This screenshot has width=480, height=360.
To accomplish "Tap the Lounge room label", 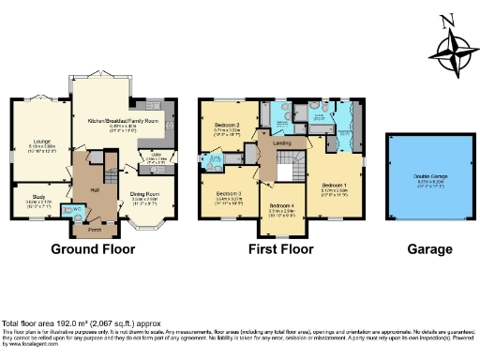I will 29,142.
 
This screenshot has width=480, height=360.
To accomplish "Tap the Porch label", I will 94,228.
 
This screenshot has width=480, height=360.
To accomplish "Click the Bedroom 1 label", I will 333,185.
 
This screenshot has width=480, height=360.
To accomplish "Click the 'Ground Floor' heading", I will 93,250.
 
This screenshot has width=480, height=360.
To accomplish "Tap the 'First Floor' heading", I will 279,250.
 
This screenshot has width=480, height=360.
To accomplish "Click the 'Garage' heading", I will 429,250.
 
